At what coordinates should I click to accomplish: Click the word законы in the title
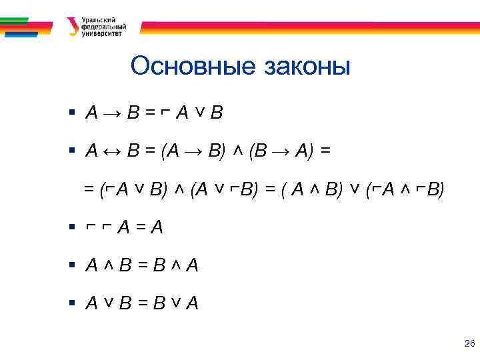(307, 67)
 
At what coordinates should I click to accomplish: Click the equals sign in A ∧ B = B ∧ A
(142, 265)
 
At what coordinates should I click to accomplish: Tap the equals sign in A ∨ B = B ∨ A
(142, 304)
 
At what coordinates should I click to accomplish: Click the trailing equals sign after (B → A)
(325, 152)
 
